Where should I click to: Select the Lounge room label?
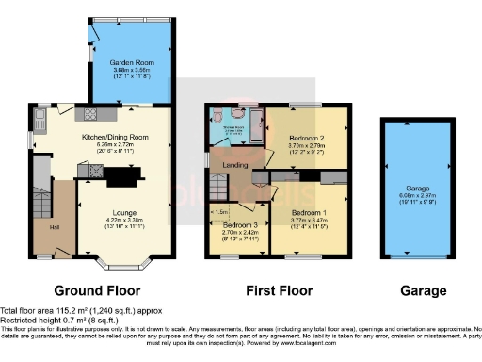click(x=123, y=213)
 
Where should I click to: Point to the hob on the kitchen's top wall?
click(x=93, y=114)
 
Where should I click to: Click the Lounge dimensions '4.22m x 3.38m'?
click(x=123, y=221)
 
